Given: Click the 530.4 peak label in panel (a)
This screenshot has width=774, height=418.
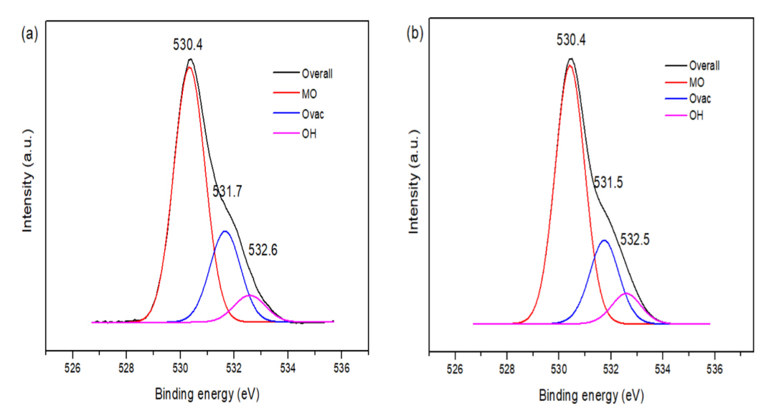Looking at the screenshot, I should (x=188, y=44).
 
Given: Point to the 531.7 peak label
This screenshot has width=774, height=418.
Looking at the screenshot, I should (x=227, y=191).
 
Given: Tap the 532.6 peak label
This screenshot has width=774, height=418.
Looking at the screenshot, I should (x=263, y=250).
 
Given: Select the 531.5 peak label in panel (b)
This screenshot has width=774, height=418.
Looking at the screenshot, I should (x=609, y=184).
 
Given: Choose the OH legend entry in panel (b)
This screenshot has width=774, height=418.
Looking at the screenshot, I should (x=694, y=115).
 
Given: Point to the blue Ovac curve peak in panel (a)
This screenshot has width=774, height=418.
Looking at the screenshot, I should (x=225, y=231).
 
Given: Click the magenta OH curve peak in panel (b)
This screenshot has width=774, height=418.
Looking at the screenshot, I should (x=626, y=293).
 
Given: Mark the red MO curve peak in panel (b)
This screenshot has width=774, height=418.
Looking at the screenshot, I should (x=570, y=65).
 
